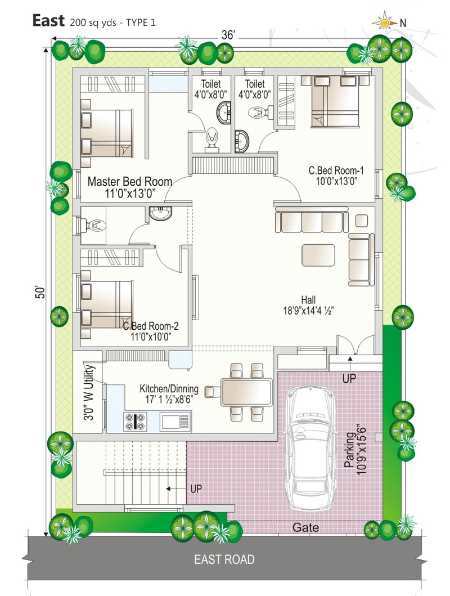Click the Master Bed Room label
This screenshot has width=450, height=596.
[130, 187]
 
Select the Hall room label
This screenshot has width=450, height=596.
[308, 305]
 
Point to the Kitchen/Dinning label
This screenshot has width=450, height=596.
[169, 394]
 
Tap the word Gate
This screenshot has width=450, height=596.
[305, 527]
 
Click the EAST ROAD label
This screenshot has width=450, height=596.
[224, 559]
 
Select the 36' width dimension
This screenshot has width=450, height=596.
[228, 35]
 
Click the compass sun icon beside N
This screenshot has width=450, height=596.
[384, 23]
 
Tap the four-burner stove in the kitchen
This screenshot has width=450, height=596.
[136, 422]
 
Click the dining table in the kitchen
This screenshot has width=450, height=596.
[247, 392]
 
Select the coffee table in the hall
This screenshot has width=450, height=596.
[318, 255]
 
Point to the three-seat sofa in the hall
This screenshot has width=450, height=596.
[312, 221]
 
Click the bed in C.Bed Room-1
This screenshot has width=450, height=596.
[335, 101]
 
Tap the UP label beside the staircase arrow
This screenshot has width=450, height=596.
[196, 489]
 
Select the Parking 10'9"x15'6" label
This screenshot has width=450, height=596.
[355, 450]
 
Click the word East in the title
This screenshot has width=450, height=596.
[48, 21]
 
